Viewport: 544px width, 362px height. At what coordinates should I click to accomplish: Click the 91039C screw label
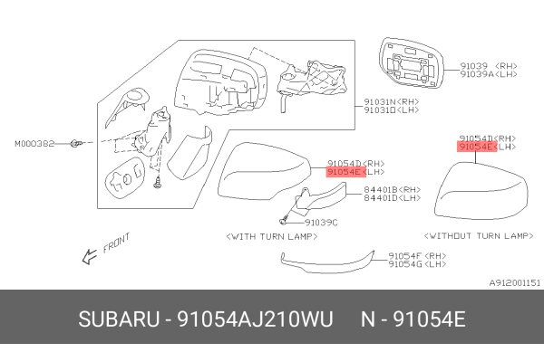(x=322, y=221)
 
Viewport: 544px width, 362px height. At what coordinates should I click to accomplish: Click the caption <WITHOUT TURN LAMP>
(x=481, y=234)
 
